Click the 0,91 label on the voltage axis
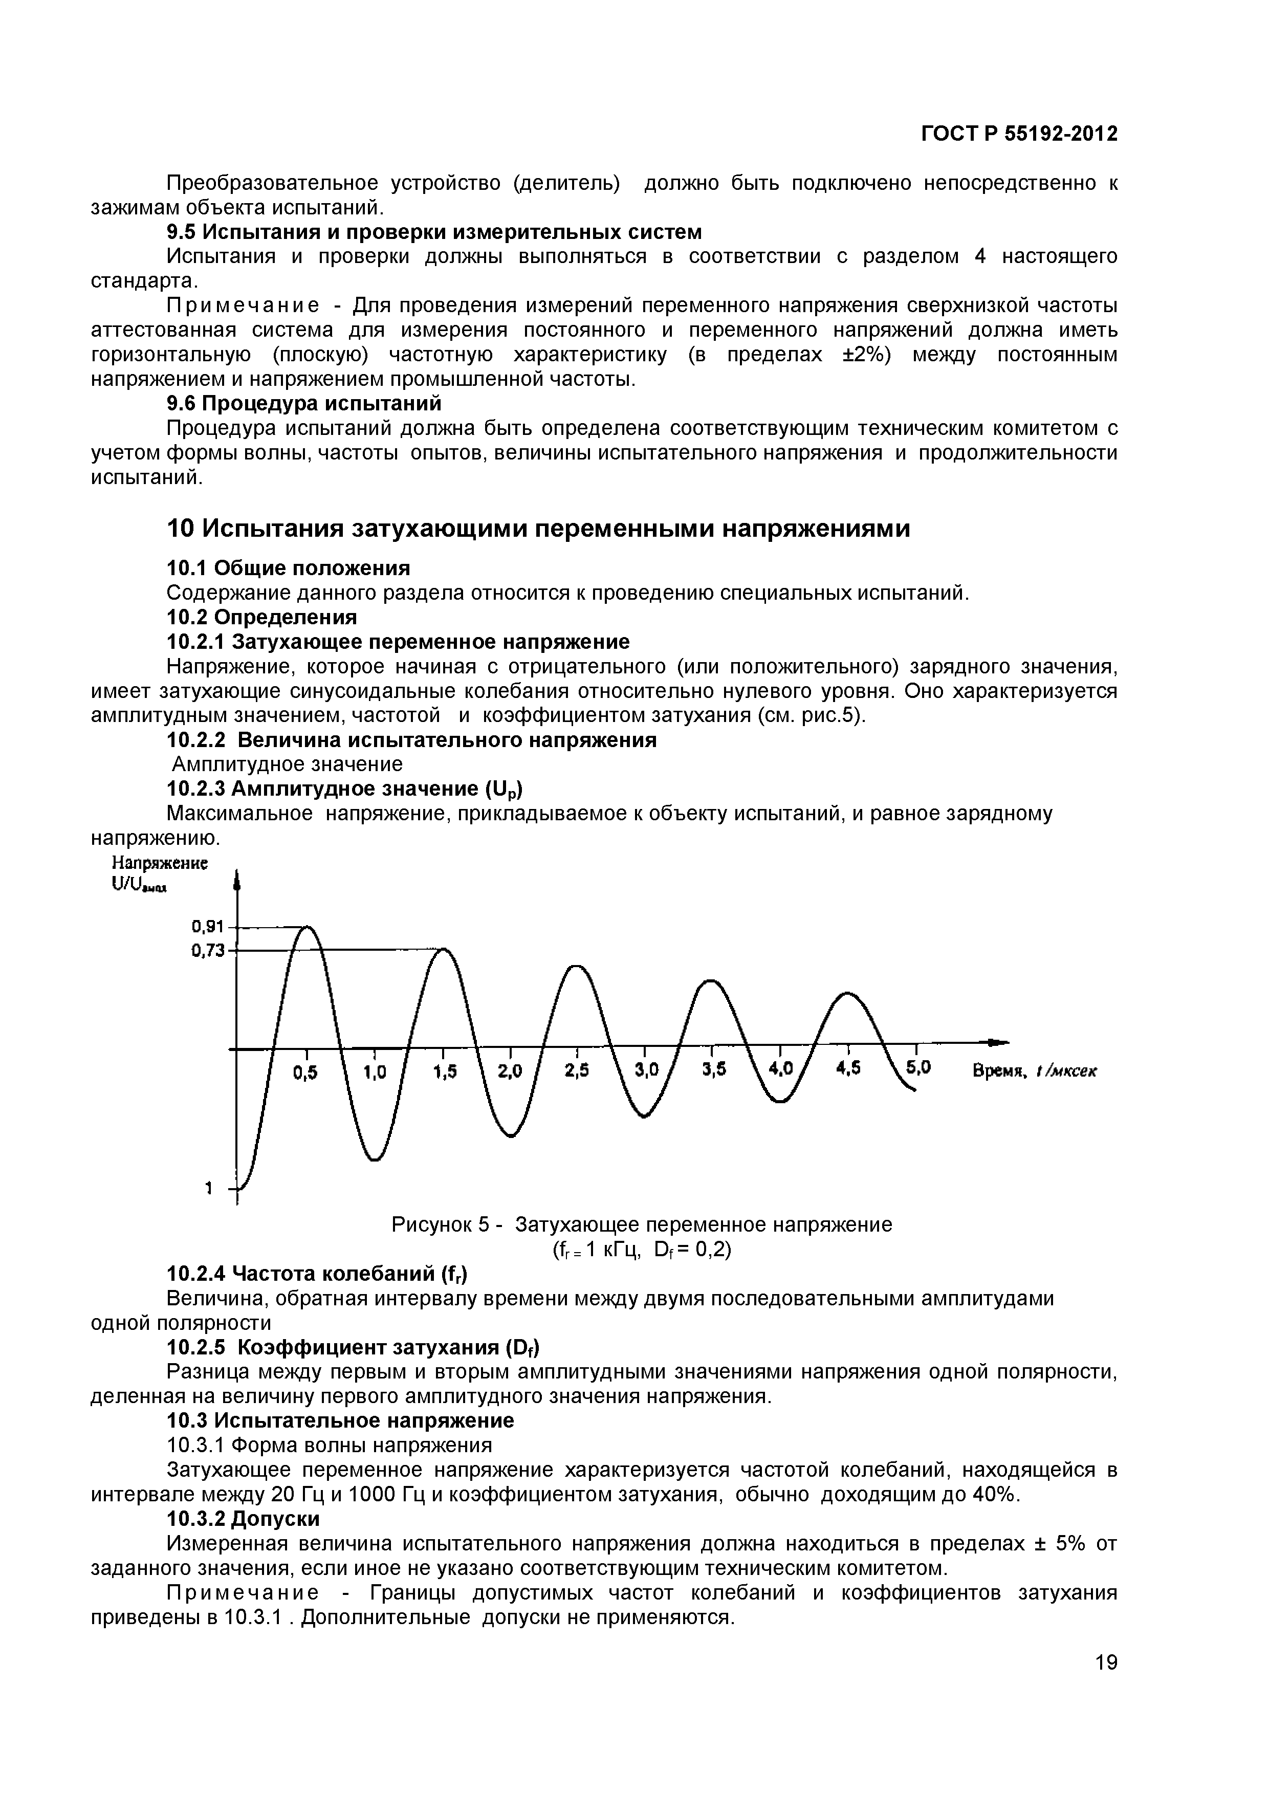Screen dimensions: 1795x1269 click(208, 927)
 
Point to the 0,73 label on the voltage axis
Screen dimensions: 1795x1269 click(208, 951)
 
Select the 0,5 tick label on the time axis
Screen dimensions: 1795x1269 click(305, 1074)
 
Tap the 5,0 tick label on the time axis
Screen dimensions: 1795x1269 click(918, 1068)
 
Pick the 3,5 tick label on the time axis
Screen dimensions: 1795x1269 click(714, 1070)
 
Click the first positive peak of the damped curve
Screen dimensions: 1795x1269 click(308, 928)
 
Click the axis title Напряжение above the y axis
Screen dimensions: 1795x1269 click(160, 864)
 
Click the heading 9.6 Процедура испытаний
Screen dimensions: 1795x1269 click(305, 403)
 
